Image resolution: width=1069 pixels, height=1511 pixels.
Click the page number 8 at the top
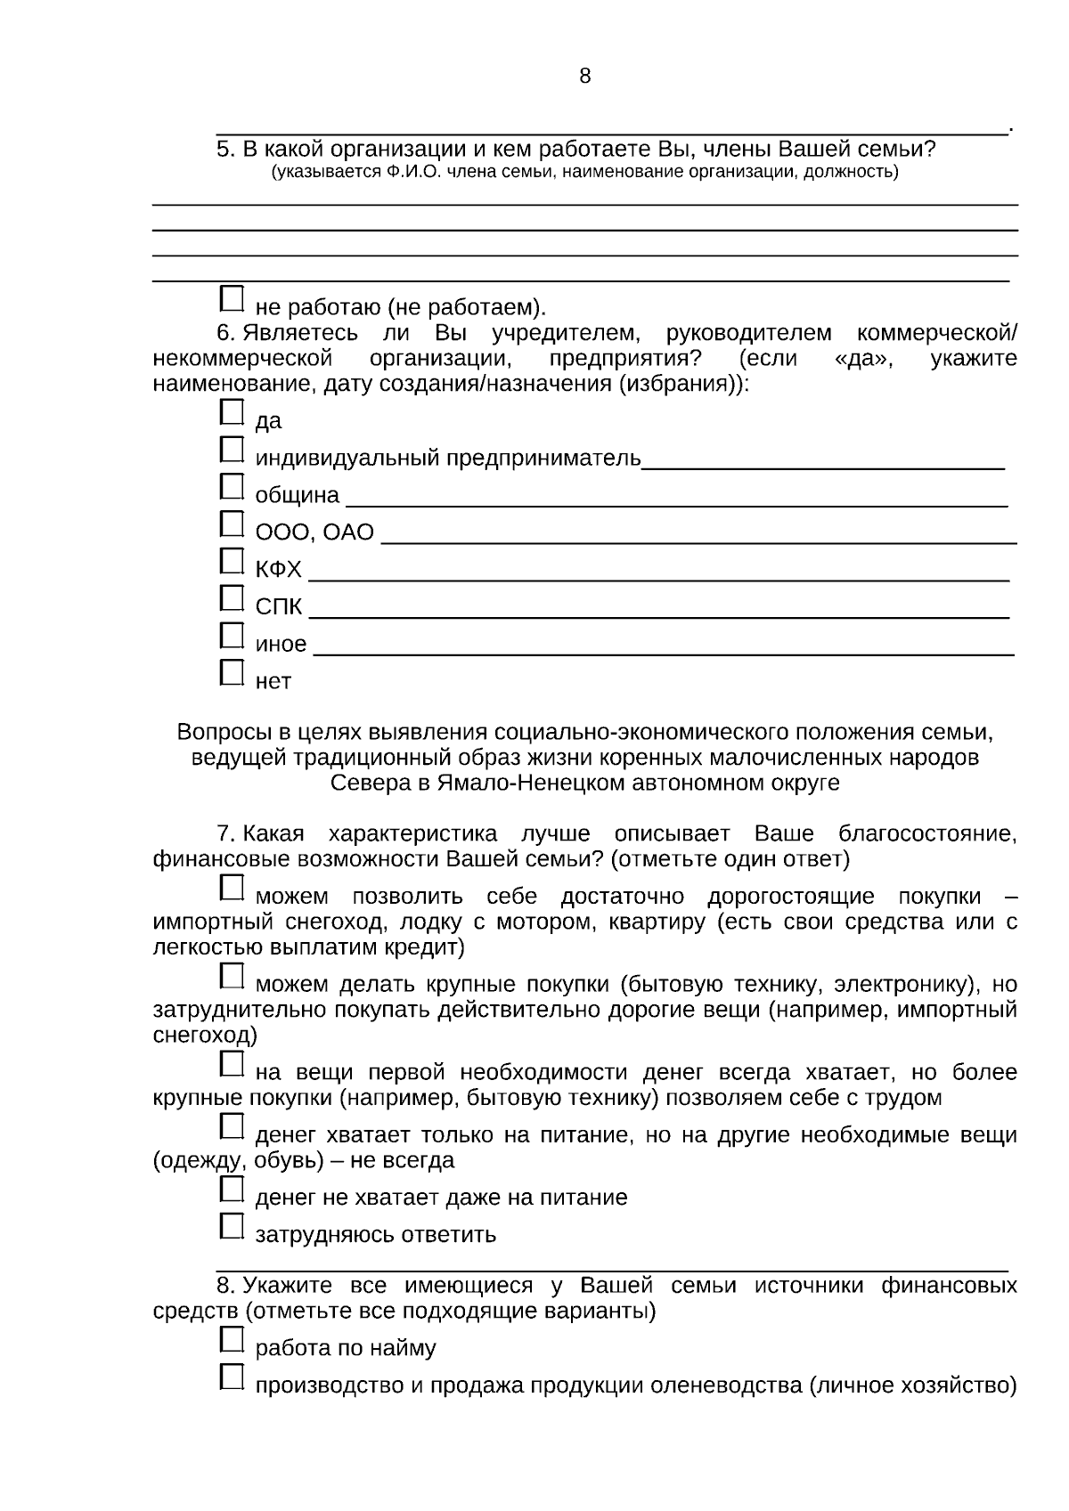coord(584,77)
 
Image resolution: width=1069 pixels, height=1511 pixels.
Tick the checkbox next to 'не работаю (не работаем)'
coord(232,299)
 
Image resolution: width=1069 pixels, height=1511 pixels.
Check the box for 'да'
coord(232,412)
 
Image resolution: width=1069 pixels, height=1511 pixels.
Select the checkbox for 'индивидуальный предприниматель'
coord(232,450)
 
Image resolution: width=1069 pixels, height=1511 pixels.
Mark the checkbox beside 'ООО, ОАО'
coord(232,524)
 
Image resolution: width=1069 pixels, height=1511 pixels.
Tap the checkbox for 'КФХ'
coord(232,561)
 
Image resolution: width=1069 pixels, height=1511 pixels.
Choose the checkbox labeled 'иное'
coord(232,636)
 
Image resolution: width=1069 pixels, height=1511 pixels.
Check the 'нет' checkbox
coord(232,672)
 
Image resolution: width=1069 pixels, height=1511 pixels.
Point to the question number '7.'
coord(226,834)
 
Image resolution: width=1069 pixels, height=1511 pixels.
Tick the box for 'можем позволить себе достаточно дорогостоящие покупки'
coord(232,888)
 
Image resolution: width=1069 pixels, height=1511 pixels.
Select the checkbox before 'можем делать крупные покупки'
coord(232,977)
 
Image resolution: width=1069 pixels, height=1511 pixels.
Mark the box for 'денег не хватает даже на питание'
coord(232,1189)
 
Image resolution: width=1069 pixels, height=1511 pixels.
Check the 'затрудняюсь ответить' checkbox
coord(232,1226)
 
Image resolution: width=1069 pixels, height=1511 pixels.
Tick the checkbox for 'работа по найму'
coord(232,1339)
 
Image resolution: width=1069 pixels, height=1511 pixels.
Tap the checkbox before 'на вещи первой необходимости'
coord(232,1064)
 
